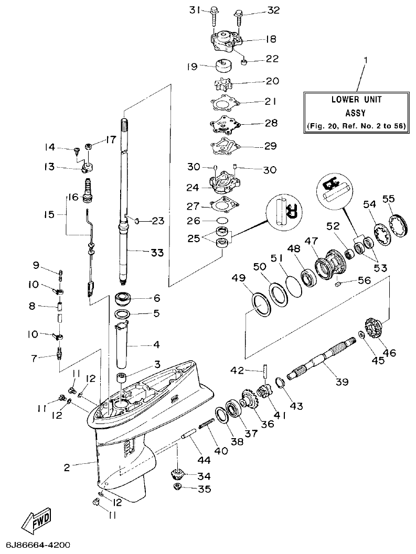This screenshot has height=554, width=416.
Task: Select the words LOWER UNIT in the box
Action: pyautogui.click(x=356, y=99)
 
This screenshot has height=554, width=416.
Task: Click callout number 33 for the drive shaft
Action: pyautogui.click(x=157, y=253)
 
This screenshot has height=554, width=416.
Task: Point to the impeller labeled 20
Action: pyautogui.click(x=223, y=84)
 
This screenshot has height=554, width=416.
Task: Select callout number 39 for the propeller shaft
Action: pyautogui.click(x=342, y=382)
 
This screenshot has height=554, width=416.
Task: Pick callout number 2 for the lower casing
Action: pyautogui.click(x=67, y=466)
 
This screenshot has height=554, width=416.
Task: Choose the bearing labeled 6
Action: pyautogui.click(x=126, y=300)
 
